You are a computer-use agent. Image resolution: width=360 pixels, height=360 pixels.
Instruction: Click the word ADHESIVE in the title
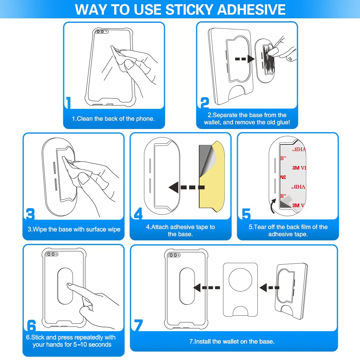coord(251,9)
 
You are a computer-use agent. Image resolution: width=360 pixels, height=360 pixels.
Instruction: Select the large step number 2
coord(205,103)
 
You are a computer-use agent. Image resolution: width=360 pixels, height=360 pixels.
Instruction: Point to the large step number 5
coord(246,214)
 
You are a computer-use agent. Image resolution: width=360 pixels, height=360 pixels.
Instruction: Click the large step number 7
coord(138,325)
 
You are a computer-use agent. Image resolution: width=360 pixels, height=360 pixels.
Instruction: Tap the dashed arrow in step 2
coord(244,59)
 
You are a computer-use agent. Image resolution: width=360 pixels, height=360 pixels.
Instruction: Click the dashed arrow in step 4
coord(186,187)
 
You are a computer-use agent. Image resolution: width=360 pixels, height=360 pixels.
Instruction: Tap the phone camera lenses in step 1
coord(100,31)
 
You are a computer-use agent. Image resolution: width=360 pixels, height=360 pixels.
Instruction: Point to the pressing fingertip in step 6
coord(70,285)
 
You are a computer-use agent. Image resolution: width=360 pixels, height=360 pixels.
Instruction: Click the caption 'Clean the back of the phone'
coord(113,119)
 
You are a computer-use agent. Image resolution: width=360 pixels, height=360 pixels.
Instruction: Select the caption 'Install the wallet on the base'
coord(232,341)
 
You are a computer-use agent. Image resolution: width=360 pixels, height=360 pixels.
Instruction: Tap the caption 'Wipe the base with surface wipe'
coord(74,229)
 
